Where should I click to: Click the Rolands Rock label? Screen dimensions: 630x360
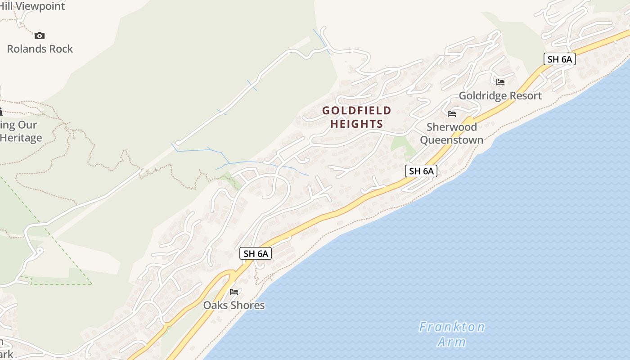pos(40,49)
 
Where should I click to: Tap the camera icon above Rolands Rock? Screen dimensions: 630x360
pos(40,36)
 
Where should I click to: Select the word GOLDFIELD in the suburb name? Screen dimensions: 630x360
pos(356,111)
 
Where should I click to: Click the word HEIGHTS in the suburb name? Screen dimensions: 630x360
pos(356,124)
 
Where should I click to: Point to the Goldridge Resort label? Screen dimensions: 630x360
pos(500,96)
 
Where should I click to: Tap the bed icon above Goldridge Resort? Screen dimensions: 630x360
pos(500,82)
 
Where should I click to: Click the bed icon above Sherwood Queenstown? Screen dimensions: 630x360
pos(452,114)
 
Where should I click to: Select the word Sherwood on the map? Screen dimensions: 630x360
pos(451,127)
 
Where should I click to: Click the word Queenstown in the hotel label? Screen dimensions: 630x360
pos(451,140)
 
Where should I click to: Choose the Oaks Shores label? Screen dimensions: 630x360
pos(234,305)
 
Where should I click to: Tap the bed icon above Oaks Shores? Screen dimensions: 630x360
pos(234,292)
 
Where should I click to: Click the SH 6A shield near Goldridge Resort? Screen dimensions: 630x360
pos(559,59)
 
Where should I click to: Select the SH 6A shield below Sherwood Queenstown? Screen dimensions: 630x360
pos(421,171)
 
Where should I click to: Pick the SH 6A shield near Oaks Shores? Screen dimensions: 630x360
pos(256,253)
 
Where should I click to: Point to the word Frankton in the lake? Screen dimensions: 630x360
pos(451,327)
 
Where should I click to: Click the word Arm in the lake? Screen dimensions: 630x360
pos(451,342)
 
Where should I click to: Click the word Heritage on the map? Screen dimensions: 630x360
pos(21,138)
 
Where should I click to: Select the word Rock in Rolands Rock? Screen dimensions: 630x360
pos(61,49)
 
